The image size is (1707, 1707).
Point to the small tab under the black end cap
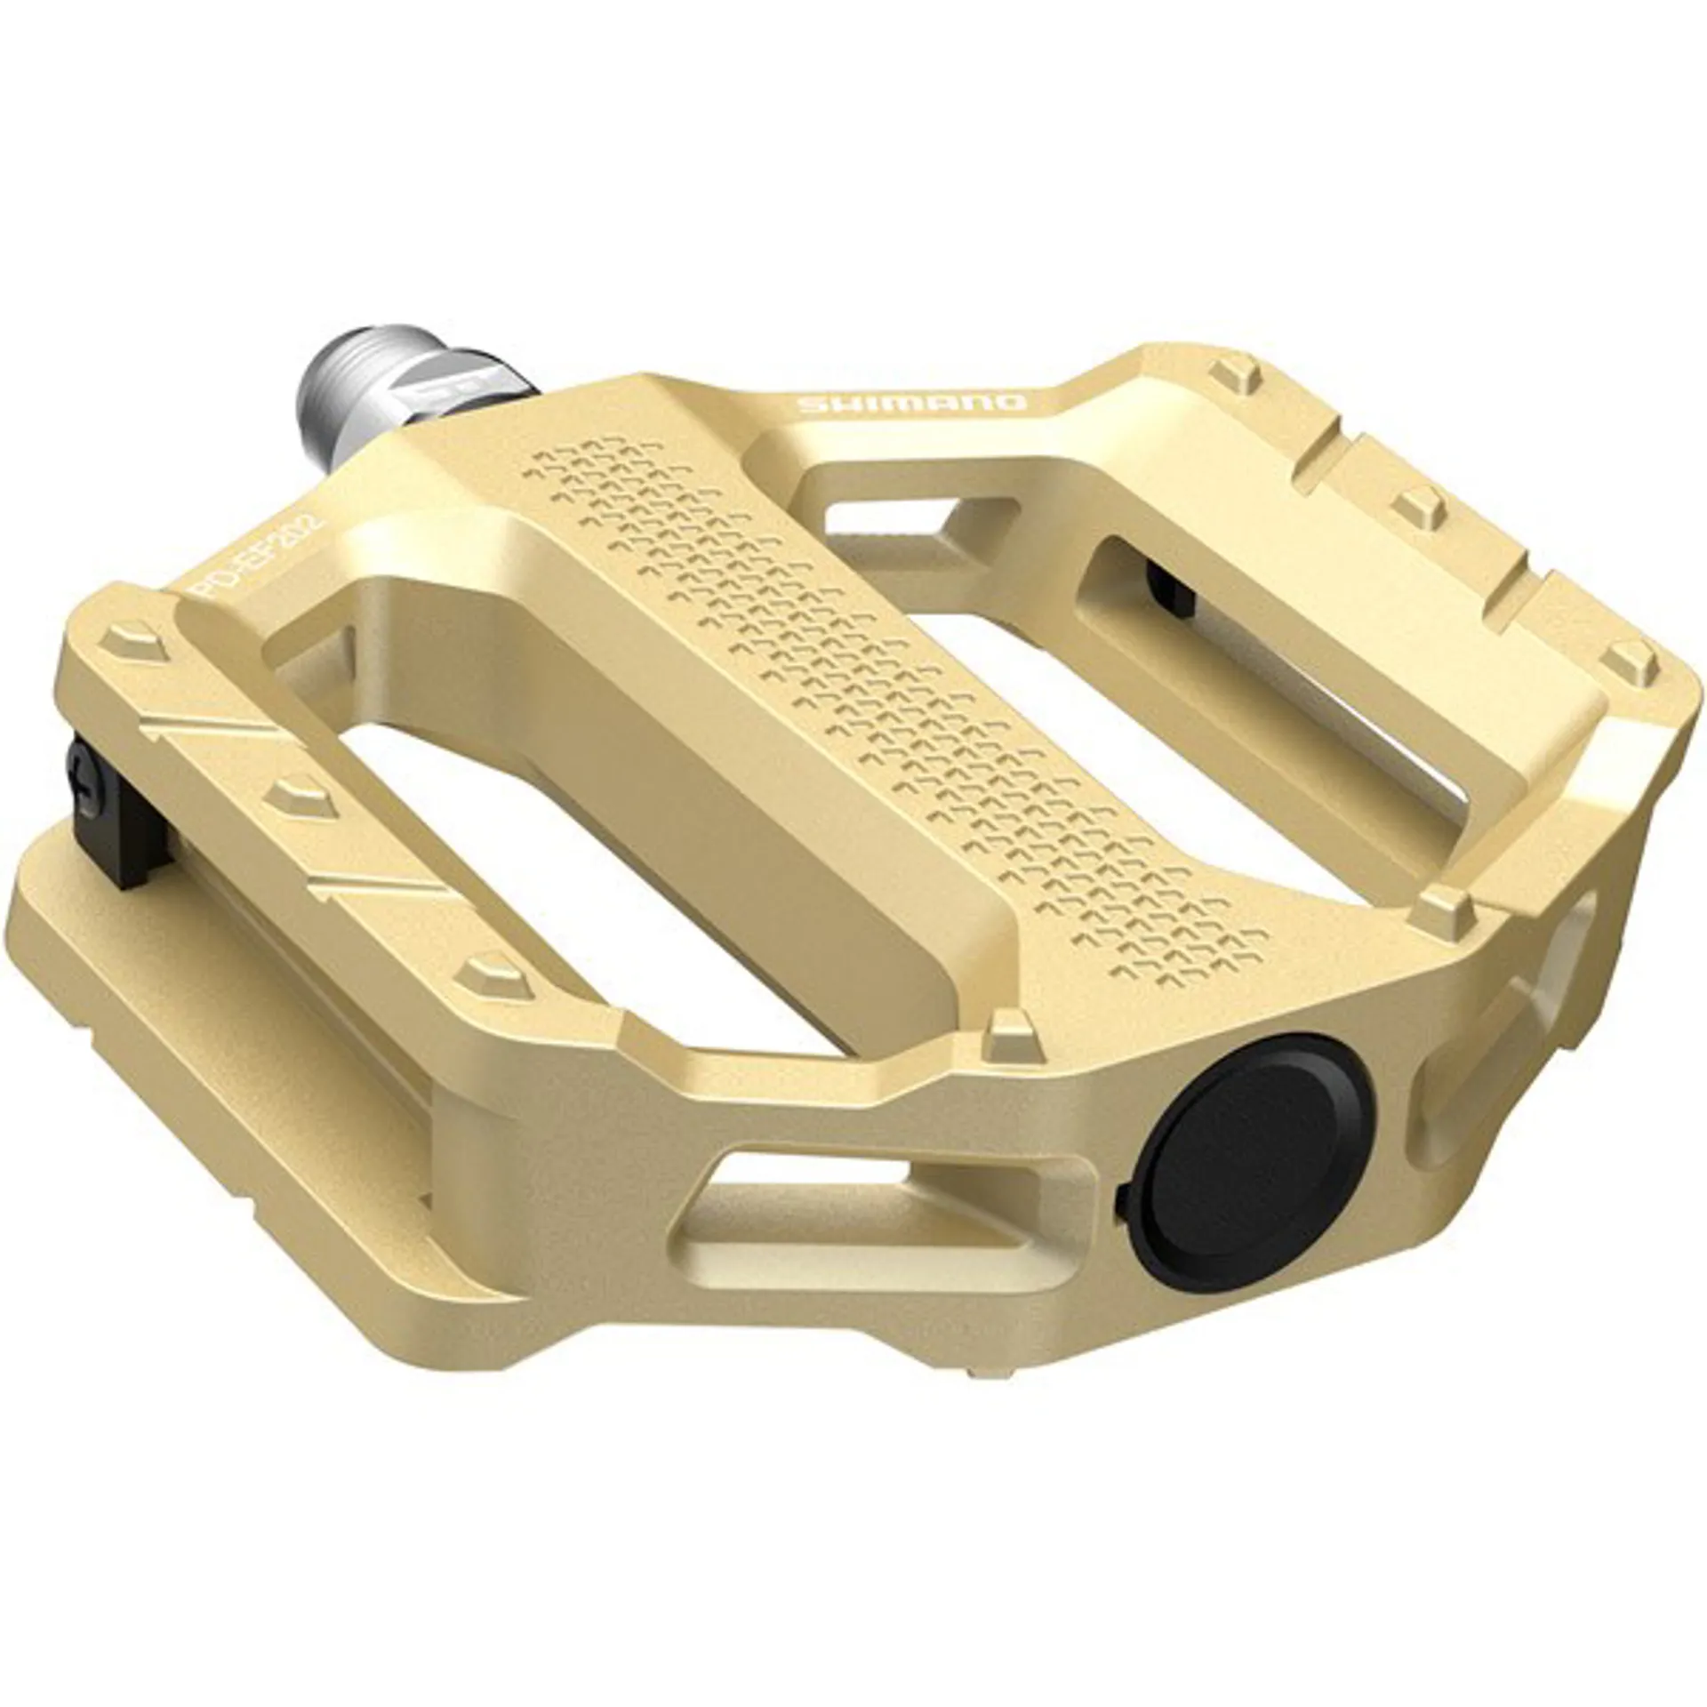point(1122,1202)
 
